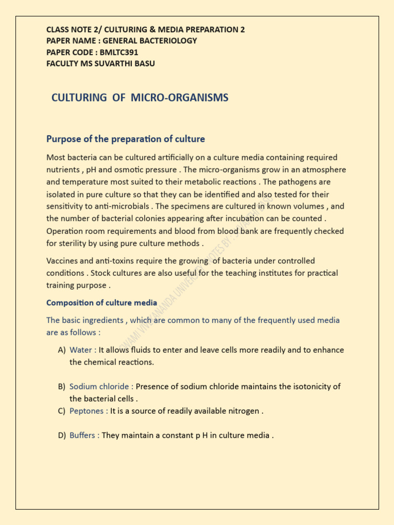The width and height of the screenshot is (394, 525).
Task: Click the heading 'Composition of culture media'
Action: click(x=102, y=303)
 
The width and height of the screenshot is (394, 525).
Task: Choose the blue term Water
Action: click(x=81, y=350)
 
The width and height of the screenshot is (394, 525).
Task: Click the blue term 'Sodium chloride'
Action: click(x=100, y=387)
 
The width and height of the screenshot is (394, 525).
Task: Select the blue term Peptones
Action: click(x=87, y=411)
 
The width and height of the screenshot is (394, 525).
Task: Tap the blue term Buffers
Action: click(x=83, y=435)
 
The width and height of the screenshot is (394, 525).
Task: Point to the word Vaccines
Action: click(x=63, y=261)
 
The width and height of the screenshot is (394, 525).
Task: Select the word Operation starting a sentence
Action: click(x=67, y=231)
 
